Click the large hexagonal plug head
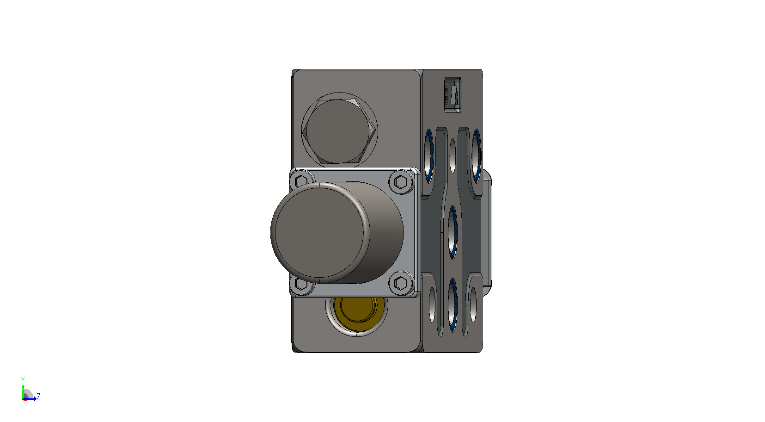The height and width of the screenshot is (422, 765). pyautogui.click(x=339, y=131)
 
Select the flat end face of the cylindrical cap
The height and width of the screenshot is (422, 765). pyautogui.click(x=319, y=233)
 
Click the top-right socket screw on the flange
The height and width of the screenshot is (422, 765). pyautogui.click(x=401, y=181)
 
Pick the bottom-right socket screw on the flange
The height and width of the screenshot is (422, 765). pyautogui.click(x=401, y=283)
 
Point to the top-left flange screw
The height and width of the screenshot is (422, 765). pyautogui.click(x=300, y=180)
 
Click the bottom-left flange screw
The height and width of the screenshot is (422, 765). pyautogui.click(x=300, y=284)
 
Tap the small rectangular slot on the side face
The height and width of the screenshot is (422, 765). pyautogui.click(x=453, y=95)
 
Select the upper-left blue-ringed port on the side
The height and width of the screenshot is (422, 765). pyautogui.click(x=428, y=156)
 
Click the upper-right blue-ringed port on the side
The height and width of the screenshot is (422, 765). pyautogui.click(x=477, y=156)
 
